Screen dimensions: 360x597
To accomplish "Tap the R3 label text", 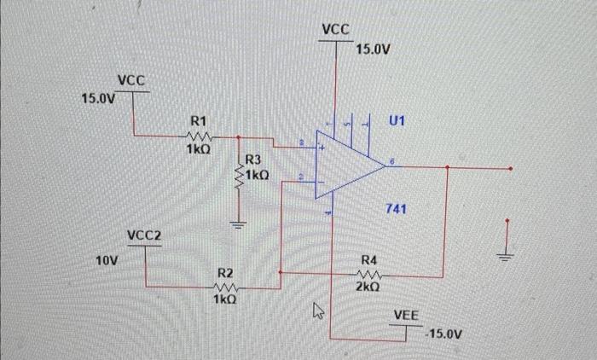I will [254, 160].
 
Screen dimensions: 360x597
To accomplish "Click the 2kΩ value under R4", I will [369, 287].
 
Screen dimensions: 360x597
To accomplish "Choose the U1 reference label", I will [397, 121].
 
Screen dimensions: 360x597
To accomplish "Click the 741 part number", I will [396, 209].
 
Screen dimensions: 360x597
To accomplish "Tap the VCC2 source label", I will [144, 235].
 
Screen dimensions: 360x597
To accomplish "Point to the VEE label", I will [406, 316].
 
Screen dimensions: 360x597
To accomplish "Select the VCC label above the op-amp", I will [336, 29].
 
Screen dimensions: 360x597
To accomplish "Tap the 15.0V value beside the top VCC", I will [373, 49].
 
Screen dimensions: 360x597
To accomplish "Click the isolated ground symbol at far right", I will [508, 253].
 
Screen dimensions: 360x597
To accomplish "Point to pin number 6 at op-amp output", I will [391, 159].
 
